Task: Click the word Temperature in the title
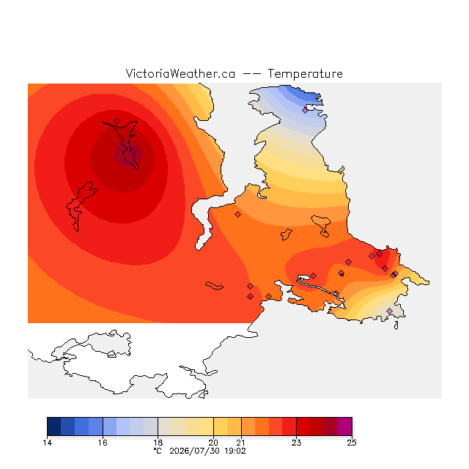305,73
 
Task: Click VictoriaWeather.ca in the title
180,73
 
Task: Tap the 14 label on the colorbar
48,443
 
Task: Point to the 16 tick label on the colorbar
103,443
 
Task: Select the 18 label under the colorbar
158,443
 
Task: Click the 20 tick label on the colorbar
213,443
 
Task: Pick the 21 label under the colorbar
241,443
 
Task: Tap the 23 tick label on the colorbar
296,443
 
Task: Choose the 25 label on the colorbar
352,443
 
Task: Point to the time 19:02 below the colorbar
235,451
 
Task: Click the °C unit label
158,451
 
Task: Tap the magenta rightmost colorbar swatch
345,426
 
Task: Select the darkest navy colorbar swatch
54,426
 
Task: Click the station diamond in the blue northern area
305,111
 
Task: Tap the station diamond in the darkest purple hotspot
133,152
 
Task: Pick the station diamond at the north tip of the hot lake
117,121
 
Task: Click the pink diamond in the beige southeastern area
389,311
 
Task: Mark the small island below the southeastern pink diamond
396,325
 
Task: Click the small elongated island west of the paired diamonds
214,286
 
